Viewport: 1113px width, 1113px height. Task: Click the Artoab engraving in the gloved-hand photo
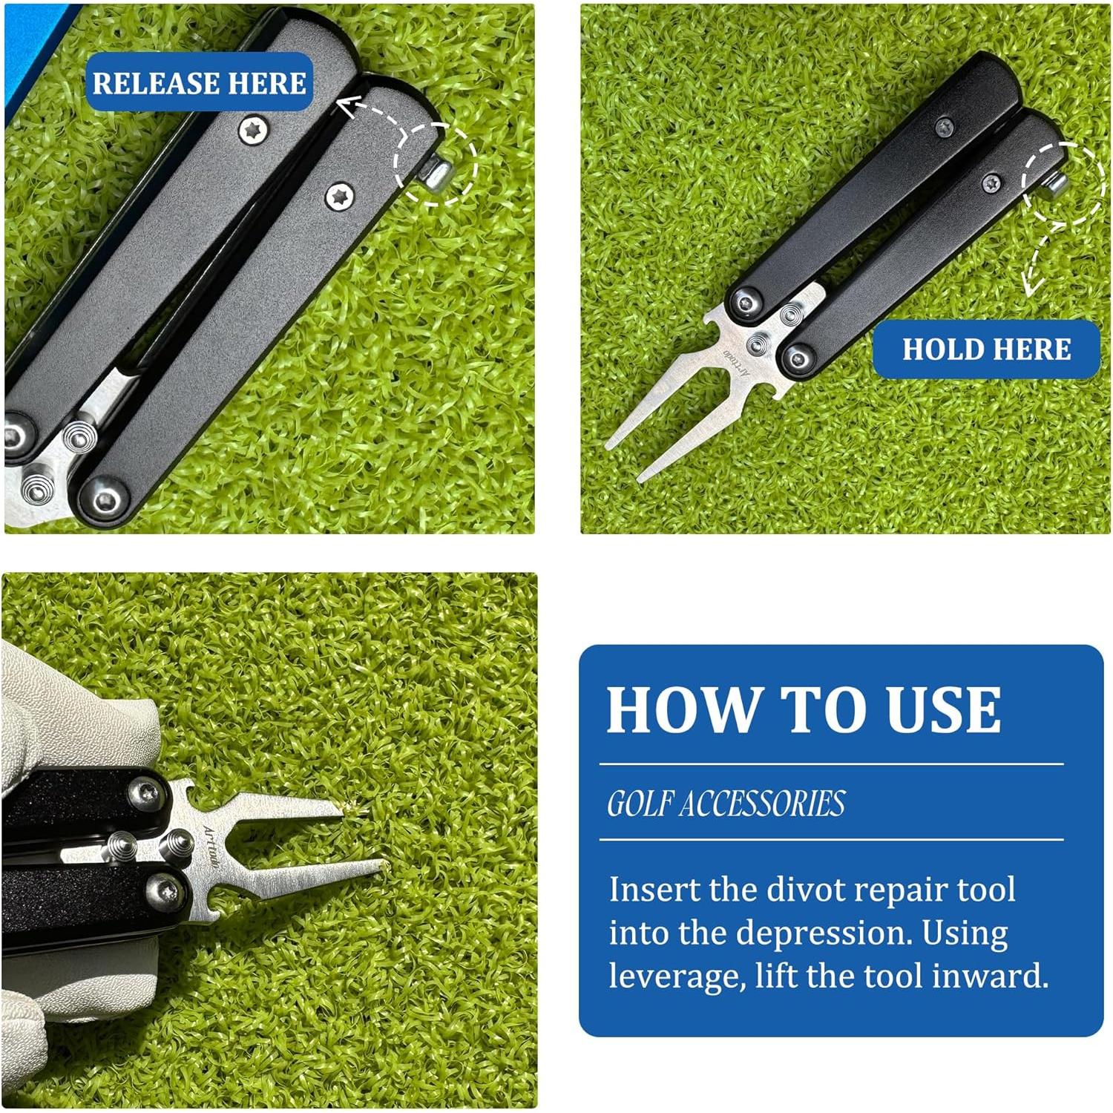[x=211, y=847]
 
